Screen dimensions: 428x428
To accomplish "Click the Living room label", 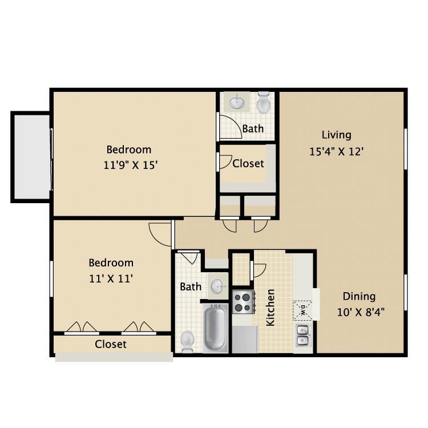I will tap(336, 135).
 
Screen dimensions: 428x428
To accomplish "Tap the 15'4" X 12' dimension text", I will tap(336, 152).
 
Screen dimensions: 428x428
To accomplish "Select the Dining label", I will tap(359, 296).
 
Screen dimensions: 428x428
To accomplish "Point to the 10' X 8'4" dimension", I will tap(359, 313).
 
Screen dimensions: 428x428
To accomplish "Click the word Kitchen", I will tap(270, 308).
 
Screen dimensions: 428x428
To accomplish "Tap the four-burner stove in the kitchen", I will tap(243, 302).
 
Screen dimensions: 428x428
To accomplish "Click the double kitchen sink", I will tap(302, 335).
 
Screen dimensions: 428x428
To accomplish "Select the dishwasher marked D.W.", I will tap(302, 310).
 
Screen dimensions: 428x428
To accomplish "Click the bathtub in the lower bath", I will tap(215, 328).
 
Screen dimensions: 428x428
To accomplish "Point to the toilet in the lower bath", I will tap(187, 341).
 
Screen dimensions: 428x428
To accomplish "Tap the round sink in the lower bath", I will tap(217, 286).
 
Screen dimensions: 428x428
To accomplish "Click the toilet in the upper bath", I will tap(263, 103).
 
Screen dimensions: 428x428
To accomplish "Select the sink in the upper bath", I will tap(237, 103).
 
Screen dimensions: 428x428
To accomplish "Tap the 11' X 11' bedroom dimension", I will tap(111, 279).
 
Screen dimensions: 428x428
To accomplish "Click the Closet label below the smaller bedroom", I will tap(111, 344).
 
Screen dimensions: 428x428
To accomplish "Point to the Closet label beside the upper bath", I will tap(248, 163).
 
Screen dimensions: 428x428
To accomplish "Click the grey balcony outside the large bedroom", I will tap(31, 156).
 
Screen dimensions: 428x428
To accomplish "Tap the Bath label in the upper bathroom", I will tap(253, 128).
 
